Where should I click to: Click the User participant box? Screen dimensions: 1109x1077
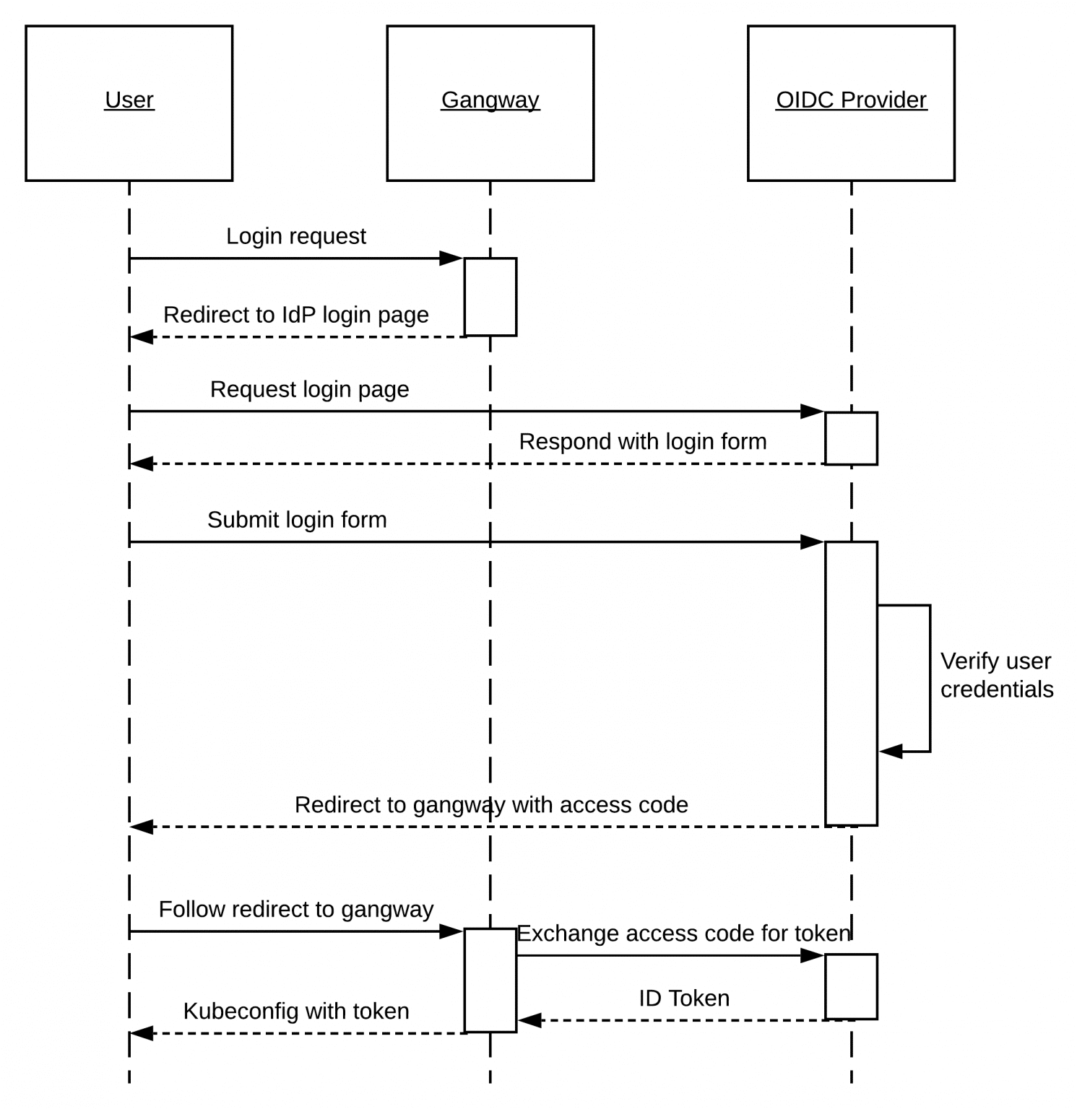click(129, 103)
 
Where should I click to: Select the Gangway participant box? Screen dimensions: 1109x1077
click(490, 103)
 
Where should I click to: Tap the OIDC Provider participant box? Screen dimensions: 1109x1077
click(851, 103)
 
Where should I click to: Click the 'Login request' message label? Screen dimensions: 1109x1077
click(296, 236)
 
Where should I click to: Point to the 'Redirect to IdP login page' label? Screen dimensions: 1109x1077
click(296, 315)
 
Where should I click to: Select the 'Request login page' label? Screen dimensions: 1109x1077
click(309, 389)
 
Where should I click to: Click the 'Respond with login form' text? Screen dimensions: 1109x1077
click(643, 441)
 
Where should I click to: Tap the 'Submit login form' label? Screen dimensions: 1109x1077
click(297, 520)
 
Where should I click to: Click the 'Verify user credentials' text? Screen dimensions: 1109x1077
click(996, 675)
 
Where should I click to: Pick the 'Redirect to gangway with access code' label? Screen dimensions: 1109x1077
click(491, 804)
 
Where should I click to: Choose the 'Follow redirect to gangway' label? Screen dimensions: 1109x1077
click(296, 909)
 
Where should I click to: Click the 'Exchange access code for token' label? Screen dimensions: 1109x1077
click(684, 934)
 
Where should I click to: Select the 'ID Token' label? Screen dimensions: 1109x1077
click(684, 999)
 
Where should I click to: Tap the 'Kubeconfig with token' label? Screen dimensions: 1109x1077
click(296, 1011)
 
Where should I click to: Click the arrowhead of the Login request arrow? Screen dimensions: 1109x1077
click(452, 258)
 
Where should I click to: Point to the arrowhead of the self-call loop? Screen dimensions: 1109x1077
click(891, 752)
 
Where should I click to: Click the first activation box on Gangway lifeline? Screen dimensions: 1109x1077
click(490, 297)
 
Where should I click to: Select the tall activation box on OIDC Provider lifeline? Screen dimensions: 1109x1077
click(851, 683)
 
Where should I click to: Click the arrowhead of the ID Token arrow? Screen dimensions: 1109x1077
click(529, 1020)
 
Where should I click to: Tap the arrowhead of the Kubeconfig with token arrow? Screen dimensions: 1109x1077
click(142, 1033)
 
